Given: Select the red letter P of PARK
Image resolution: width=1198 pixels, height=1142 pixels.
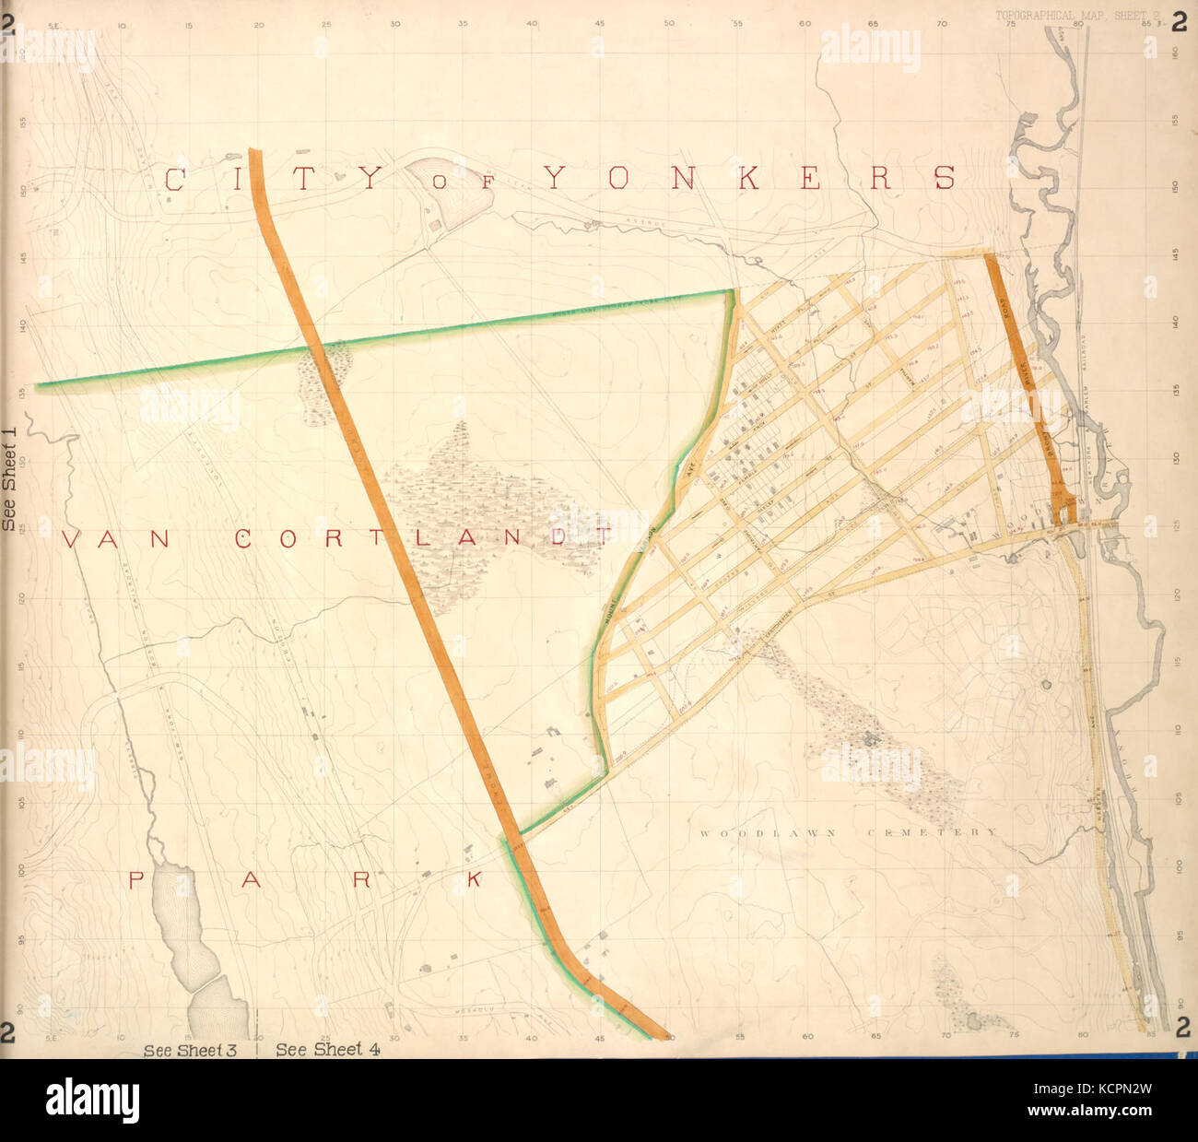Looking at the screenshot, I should (x=135, y=880).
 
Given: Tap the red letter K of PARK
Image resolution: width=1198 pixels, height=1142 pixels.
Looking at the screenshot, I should (x=474, y=880).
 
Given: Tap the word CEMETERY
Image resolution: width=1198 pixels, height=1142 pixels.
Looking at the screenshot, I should (x=931, y=832).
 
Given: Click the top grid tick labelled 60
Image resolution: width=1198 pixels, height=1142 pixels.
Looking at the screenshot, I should (x=805, y=23).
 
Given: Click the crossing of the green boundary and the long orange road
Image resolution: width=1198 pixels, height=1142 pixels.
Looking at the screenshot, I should (x=313, y=347).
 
